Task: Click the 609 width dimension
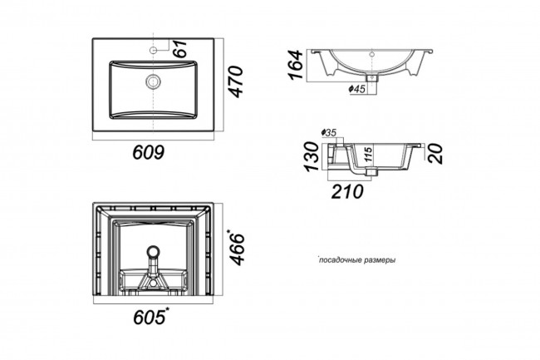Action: [x=149, y=152]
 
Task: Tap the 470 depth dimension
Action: [x=236, y=81]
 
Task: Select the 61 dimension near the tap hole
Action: [x=179, y=48]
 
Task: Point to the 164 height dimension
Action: [x=296, y=65]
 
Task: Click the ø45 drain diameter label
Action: [x=356, y=89]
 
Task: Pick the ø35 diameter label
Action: [x=328, y=133]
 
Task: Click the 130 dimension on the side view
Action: [x=312, y=156]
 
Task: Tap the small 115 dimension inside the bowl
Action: [x=368, y=155]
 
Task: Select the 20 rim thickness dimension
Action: [x=435, y=154]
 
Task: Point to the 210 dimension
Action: [x=347, y=191]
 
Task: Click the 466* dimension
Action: [x=236, y=248]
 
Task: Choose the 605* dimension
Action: [x=151, y=316]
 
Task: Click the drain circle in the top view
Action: [x=153, y=81]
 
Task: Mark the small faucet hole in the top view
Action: [x=153, y=50]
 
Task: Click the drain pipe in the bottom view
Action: [x=153, y=262]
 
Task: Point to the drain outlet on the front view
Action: [x=372, y=78]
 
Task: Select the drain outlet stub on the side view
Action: [x=371, y=171]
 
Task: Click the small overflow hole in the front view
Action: [x=371, y=54]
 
